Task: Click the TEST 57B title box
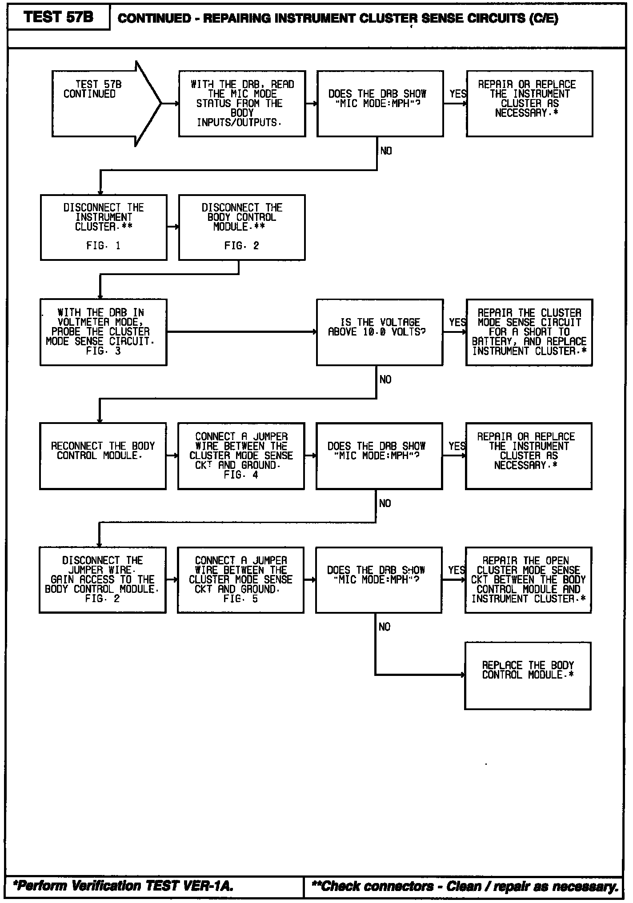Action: [x=59, y=17]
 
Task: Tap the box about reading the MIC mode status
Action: [x=242, y=104]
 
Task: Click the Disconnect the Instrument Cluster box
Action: [x=104, y=227]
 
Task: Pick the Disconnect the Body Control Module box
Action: [x=242, y=227]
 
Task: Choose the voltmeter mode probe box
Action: [x=104, y=332]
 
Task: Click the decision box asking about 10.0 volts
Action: [x=380, y=332]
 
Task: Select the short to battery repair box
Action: [x=529, y=332]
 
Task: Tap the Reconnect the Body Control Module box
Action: [x=103, y=456]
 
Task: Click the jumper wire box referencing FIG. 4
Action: [x=241, y=456]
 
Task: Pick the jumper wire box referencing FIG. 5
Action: [x=241, y=579]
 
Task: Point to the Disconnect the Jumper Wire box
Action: [x=103, y=579]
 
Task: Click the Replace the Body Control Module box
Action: [x=528, y=675]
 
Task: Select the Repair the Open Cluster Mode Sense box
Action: [x=528, y=579]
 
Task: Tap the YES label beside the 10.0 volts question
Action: [x=457, y=322]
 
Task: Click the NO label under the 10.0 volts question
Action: [x=385, y=380]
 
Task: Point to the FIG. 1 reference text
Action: [x=103, y=246]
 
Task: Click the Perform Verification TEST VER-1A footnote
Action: [x=123, y=886]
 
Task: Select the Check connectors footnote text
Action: [x=465, y=886]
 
